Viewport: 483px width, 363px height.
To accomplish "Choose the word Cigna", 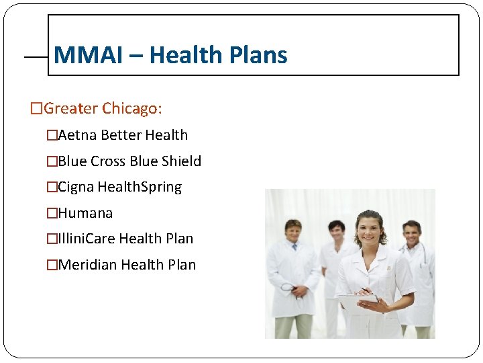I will (76, 187).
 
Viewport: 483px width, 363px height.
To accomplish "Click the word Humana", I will (85, 213).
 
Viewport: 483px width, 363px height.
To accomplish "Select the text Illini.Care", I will (87, 239).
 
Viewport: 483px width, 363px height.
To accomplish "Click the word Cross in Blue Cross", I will (108, 161).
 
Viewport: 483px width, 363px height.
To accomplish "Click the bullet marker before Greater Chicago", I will (36, 108).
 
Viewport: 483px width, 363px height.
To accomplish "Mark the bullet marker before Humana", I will (52, 213).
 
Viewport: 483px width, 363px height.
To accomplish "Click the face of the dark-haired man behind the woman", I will (336, 232).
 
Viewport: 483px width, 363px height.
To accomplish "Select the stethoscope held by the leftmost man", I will (290, 289).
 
